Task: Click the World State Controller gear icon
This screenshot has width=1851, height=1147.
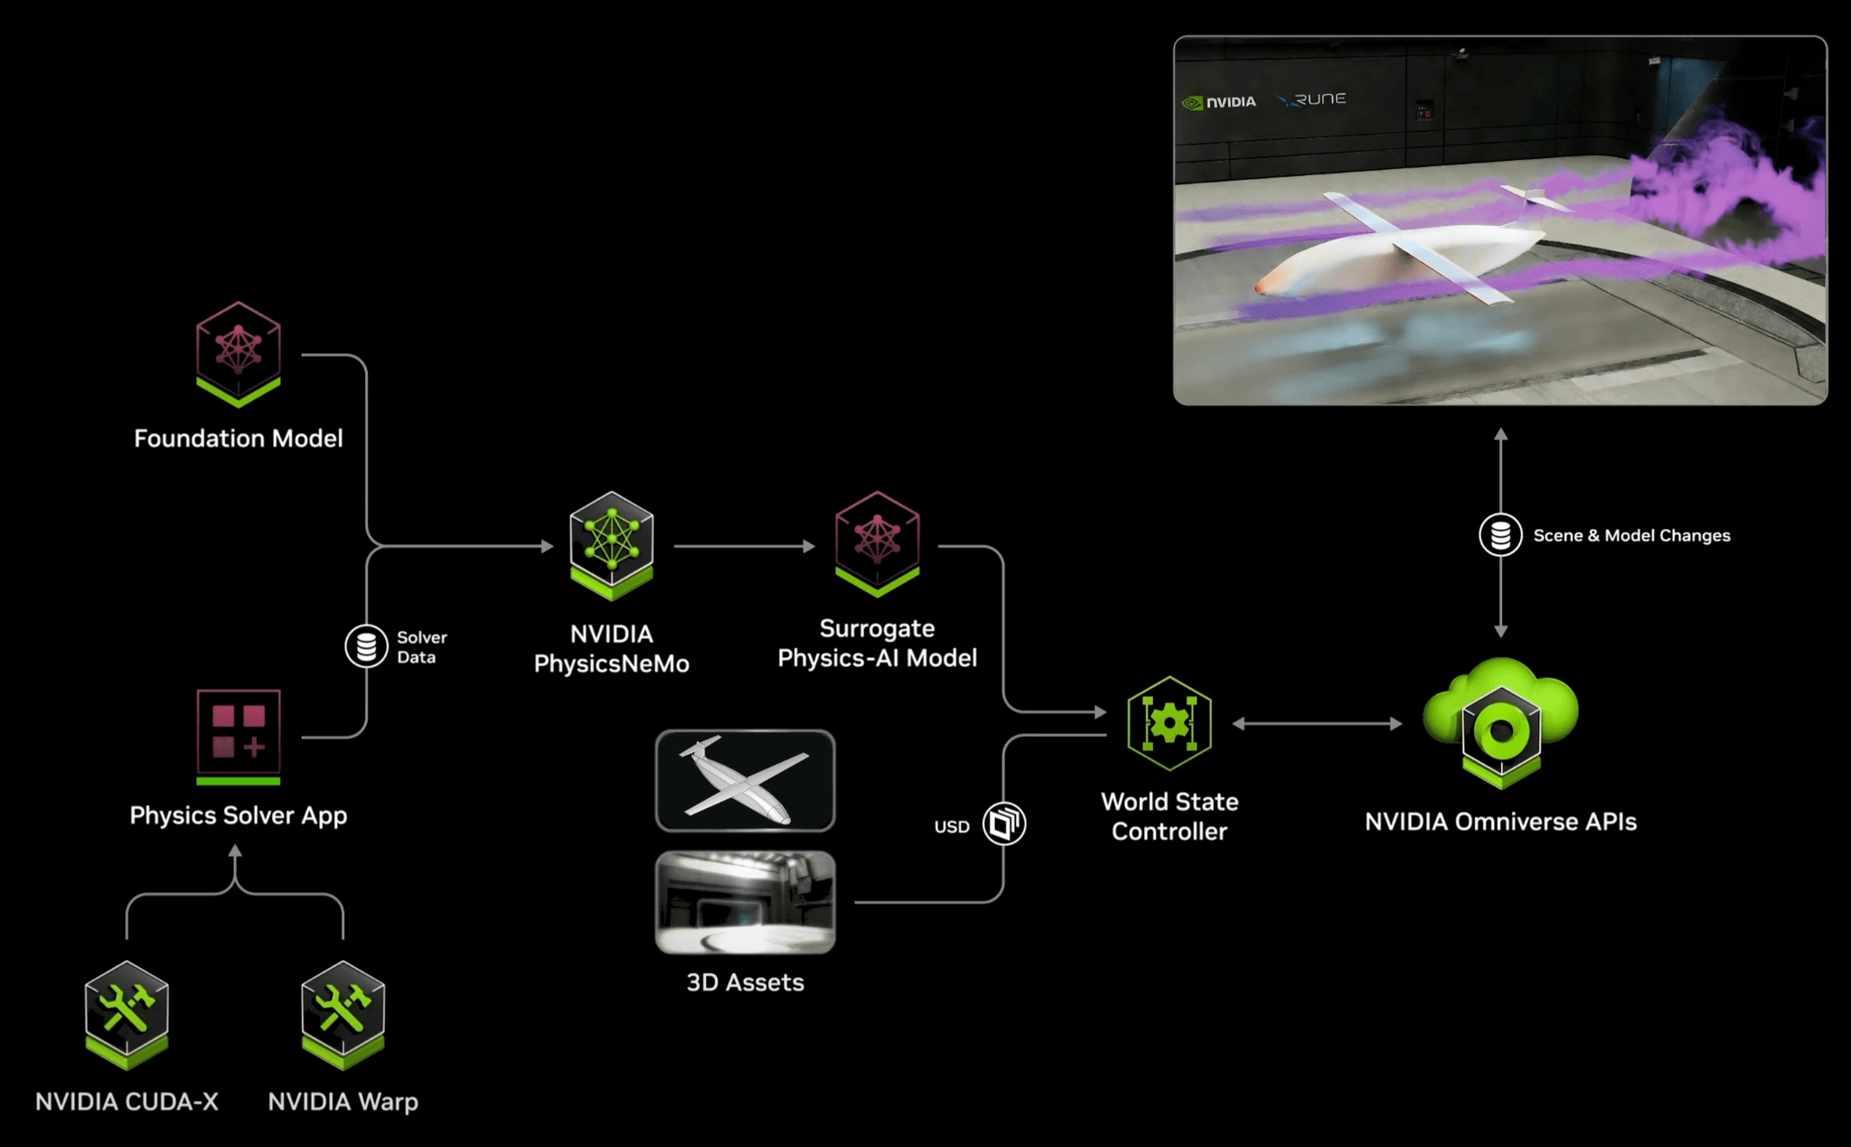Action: pyautogui.click(x=1170, y=723)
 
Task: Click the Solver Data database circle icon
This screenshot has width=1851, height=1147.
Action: pyautogui.click(x=366, y=646)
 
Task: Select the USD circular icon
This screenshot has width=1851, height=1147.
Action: pyautogui.click(x=1003, y=823)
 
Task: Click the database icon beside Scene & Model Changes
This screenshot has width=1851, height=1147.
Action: pyautogui.click(x=1500, y=535)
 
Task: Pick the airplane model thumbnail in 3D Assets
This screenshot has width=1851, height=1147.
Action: pyautogui.click(x=745, y=781)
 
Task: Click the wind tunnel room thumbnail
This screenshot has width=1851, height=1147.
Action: pyautogui.click(x=745, y=902)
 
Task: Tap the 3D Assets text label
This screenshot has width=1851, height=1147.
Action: pyautogui.click(x=745, y=982)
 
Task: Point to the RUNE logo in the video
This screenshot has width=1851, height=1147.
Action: pyautogui.click(x=1312, y=99)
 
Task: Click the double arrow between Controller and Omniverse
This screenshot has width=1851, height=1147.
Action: pyautogui.click(x=1317, y=723)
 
